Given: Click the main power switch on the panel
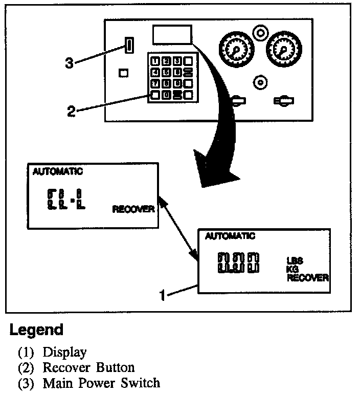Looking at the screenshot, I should [129, 46].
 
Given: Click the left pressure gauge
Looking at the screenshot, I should [236, 50].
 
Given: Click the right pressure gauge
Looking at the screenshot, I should [283, 49].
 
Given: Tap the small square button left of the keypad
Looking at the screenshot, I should [123, 73].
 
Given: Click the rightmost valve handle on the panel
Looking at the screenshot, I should [283, 101].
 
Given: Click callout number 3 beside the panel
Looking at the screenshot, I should [70, 63].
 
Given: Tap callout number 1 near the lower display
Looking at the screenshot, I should [162, 295].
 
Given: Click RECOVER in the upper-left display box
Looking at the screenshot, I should [133, 209].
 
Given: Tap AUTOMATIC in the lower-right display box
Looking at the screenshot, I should [230, 236].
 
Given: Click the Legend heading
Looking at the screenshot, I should [36, 330].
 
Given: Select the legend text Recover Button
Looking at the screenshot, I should [88, 367].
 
